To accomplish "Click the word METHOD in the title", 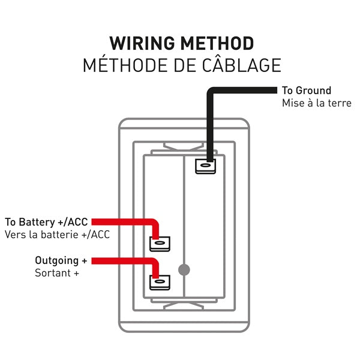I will pyautogui.click(x=217, y=43).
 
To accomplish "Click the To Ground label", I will pyautogui.click(x=306, y=91).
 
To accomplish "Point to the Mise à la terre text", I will pyautogui.click(x=317, y=103).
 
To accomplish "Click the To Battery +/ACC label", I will pyautogui.click(x=46, y=221).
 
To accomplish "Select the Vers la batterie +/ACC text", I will pyautogui.click(x=57, y=234).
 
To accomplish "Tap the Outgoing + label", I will pyautogui.click(x=61, y=260).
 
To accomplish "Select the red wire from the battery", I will pyautogui.click(x=126, y=221).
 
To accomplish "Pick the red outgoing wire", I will pyautogui.click(x=126, y=260).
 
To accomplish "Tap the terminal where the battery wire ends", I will pyautogui.click(x=160, y=243).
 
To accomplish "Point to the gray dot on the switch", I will pyautogui.click(x=185, y=269).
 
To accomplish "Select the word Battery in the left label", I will pyautogui.click(x=40, y=221).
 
